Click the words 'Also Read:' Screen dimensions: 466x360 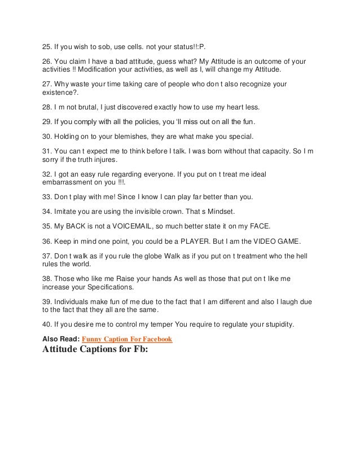tap(62, 339)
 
